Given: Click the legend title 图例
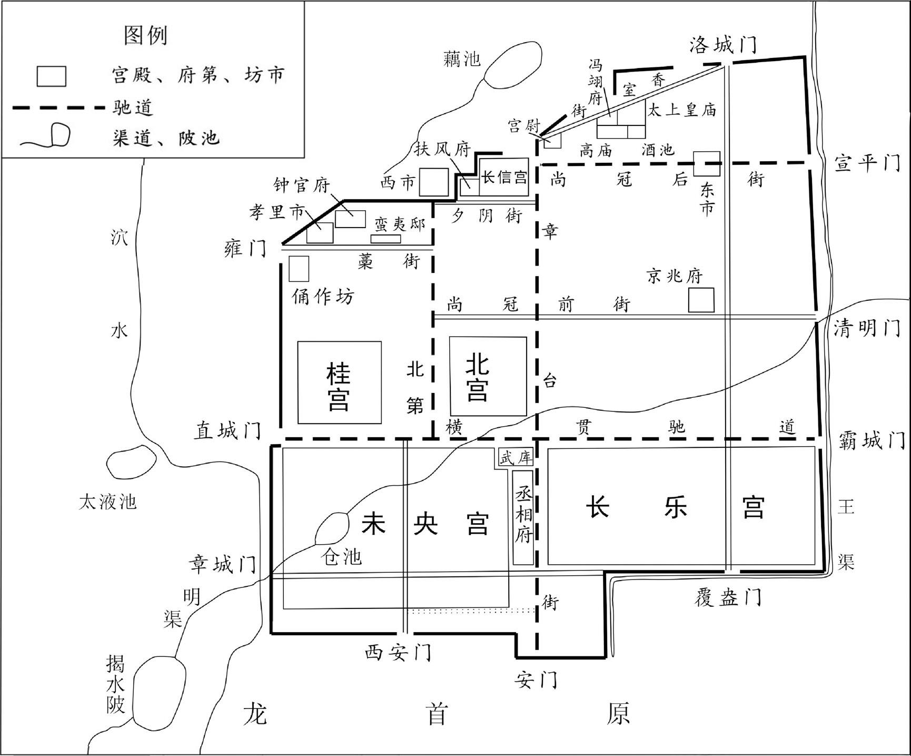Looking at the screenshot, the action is [145, 35].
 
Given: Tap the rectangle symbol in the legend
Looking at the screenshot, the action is [51, 76].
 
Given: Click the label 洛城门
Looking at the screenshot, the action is [723, 45].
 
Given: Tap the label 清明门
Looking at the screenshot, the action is [866, 329].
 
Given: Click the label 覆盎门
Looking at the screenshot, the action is [728, 597].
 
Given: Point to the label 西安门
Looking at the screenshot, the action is [398, 653].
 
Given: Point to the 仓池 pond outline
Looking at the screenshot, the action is [316, 529].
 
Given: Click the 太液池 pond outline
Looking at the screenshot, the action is [109, 464].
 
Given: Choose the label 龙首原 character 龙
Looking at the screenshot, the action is [255, 714].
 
